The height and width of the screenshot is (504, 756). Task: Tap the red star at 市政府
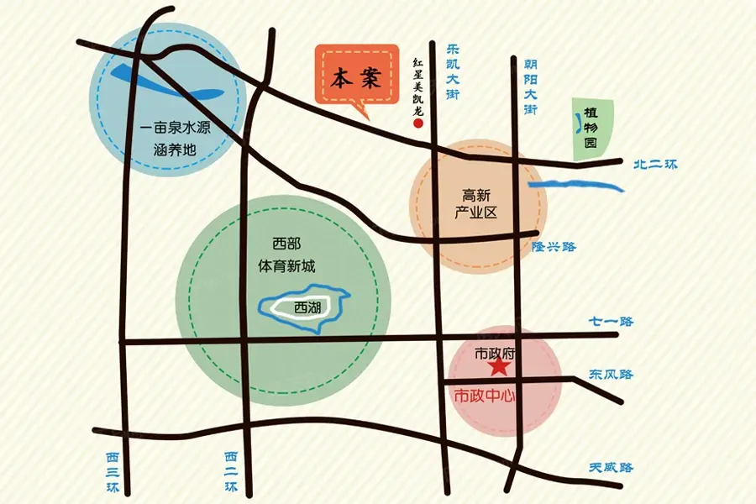[499, 367]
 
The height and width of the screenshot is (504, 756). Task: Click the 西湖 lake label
[308, 308]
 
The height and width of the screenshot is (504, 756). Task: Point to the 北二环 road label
[654, 165]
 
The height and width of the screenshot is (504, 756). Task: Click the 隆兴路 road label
[554, 247]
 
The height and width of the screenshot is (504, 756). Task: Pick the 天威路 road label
[611, 468]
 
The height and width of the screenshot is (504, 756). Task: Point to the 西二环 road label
[231, 472]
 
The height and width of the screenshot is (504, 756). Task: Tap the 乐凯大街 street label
[453, 74]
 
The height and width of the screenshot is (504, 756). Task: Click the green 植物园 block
[591, 129]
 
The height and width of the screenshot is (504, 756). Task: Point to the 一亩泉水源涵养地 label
[175, 140]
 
